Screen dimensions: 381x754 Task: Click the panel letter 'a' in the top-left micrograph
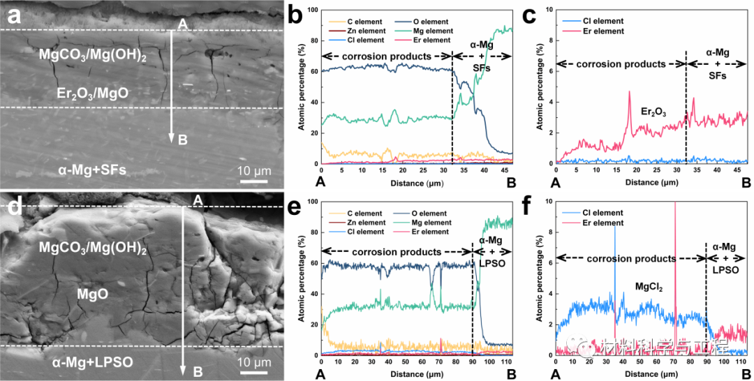[12, 13]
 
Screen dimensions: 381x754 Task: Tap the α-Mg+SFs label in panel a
[91, 169]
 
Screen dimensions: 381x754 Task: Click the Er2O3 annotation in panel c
[653, 111]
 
